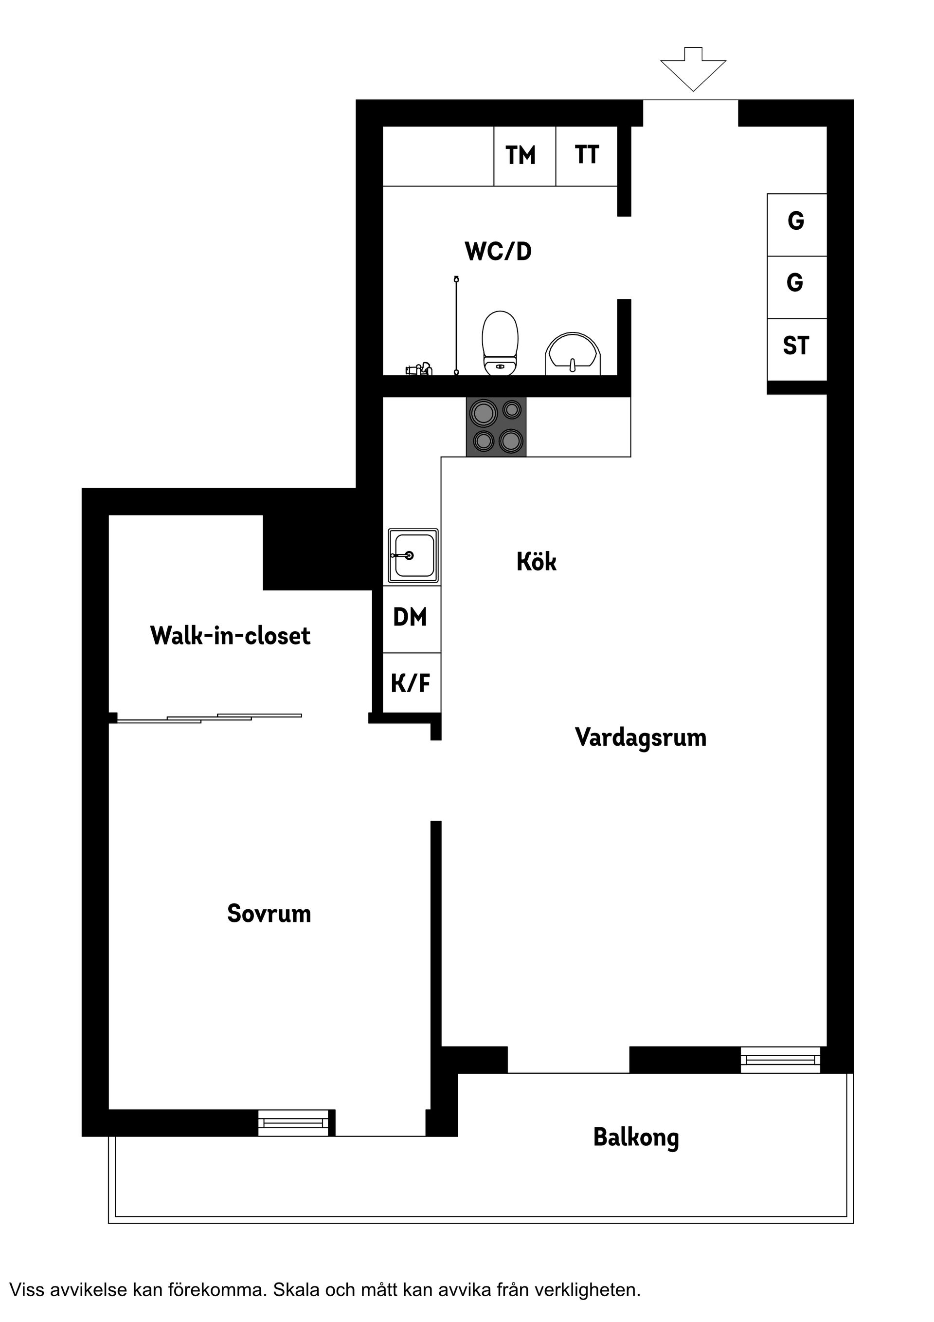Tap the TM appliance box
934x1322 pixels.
click(x=525, y=156)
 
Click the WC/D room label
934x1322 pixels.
click(x=498, y=252)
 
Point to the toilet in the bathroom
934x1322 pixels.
click(x=500, y=343)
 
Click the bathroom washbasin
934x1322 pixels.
click(x=573, y=353)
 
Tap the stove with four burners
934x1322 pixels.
click(x=496, y=427)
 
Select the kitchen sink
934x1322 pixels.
click(x=413, y=556)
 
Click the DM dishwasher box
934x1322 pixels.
click(x=412, y=619)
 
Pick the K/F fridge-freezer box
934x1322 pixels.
click(x=412, y=683)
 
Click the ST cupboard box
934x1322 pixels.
click(x=797, y=349)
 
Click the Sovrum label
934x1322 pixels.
click(x=269, y=914)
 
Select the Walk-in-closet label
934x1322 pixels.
click(x=230, y=636)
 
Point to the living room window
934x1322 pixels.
click(x=780, y=1060)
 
